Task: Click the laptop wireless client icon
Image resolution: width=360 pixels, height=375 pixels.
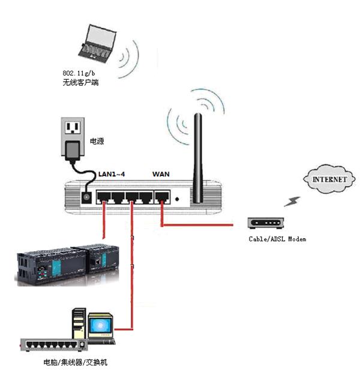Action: coord(97,44)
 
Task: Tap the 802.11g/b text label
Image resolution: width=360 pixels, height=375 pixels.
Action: coord(79,73)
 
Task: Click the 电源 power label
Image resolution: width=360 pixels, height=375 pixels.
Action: coord(97,141)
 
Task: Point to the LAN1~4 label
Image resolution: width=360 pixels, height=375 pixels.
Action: coord(112,174)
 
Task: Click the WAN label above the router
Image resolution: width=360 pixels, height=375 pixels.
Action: coord(161,174)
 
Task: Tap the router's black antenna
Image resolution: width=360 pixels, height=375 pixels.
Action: coord(198,158)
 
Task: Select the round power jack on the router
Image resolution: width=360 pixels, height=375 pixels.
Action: coord(86,197)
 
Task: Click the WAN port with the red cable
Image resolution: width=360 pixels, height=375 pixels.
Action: coord(163,197)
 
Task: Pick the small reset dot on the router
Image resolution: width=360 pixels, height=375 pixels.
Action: coord(177,199)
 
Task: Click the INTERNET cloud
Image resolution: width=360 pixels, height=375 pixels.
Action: coord(329,179)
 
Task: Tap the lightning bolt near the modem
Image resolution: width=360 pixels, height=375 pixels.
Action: coord(292,202)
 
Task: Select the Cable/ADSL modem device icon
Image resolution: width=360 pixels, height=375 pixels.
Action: coord(266,223)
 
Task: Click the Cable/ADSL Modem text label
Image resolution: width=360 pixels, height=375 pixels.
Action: coord(277,239)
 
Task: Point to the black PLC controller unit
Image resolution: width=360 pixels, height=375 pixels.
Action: coord(68,264)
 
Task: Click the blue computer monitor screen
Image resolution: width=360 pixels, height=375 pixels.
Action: coord(100,325)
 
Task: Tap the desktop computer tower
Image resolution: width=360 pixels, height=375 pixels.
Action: coord(79,323)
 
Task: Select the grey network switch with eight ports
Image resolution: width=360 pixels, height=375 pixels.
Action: coord(53,345)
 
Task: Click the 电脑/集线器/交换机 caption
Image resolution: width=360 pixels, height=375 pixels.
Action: coord(76,362)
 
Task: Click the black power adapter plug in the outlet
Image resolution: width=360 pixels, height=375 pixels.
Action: coord(73,151)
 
